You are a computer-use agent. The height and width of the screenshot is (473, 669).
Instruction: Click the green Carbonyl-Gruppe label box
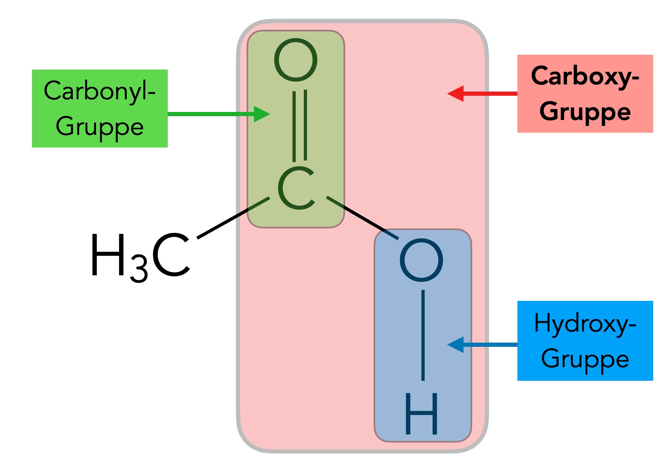pyautogui.click(x=100, y=108)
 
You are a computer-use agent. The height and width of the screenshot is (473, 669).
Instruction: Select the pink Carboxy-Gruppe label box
pyautogui.click(x=585, y=93)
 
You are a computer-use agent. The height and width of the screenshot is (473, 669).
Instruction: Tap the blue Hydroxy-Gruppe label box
pyautogui.click(x=585, y=341)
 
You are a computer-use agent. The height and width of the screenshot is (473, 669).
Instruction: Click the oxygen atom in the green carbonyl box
pyautogui.click(x=296, y=60)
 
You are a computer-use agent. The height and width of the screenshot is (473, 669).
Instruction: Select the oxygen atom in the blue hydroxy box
pyautogui.click(x=421, y=260)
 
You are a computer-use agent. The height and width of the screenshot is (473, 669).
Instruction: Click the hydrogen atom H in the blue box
pyautogui.click(x=421, y=414)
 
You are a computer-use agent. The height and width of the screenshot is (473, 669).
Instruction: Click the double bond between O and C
pyautogui.click(x=300, y=126)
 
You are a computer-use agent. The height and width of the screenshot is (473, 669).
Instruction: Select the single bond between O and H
pyautogui.click(x=423, y=335)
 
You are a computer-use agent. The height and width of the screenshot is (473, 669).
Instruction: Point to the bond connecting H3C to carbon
pyautogui.click(x=233, y=218)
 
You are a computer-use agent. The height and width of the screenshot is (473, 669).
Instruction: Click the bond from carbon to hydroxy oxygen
pyautogui.click(x=363, y=218)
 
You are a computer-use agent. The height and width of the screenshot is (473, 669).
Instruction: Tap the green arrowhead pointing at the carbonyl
pyautogui.click(x=262, y=114)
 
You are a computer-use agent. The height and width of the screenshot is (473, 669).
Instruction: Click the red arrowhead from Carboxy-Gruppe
pyautogui.click(x=455, y=93)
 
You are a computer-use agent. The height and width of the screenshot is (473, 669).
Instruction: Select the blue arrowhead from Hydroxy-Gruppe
pyautogui.click(x=455, y=345)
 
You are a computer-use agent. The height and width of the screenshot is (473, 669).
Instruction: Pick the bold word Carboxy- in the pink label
pyautogui.click(x=585, y=77)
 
